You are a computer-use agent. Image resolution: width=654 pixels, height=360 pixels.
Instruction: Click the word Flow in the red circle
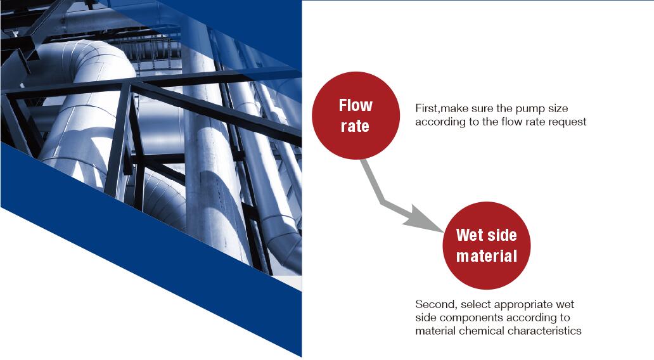[356, 105]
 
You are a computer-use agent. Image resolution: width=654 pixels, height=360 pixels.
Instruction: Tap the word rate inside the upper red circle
[355, 126]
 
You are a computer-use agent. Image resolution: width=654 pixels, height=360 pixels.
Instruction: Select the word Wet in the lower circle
[470, 235]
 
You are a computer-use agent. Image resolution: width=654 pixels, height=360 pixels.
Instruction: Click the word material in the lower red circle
[486, 255]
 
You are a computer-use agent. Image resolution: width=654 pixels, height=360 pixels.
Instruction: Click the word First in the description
[426, 108]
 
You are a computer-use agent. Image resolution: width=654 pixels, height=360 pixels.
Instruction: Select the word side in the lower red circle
[502, 235]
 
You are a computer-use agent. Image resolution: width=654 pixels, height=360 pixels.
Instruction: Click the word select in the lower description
[475, 304]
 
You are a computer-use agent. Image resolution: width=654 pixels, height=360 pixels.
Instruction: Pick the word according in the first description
[438, 122]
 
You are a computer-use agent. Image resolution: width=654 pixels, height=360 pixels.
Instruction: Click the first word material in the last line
[435, 331]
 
